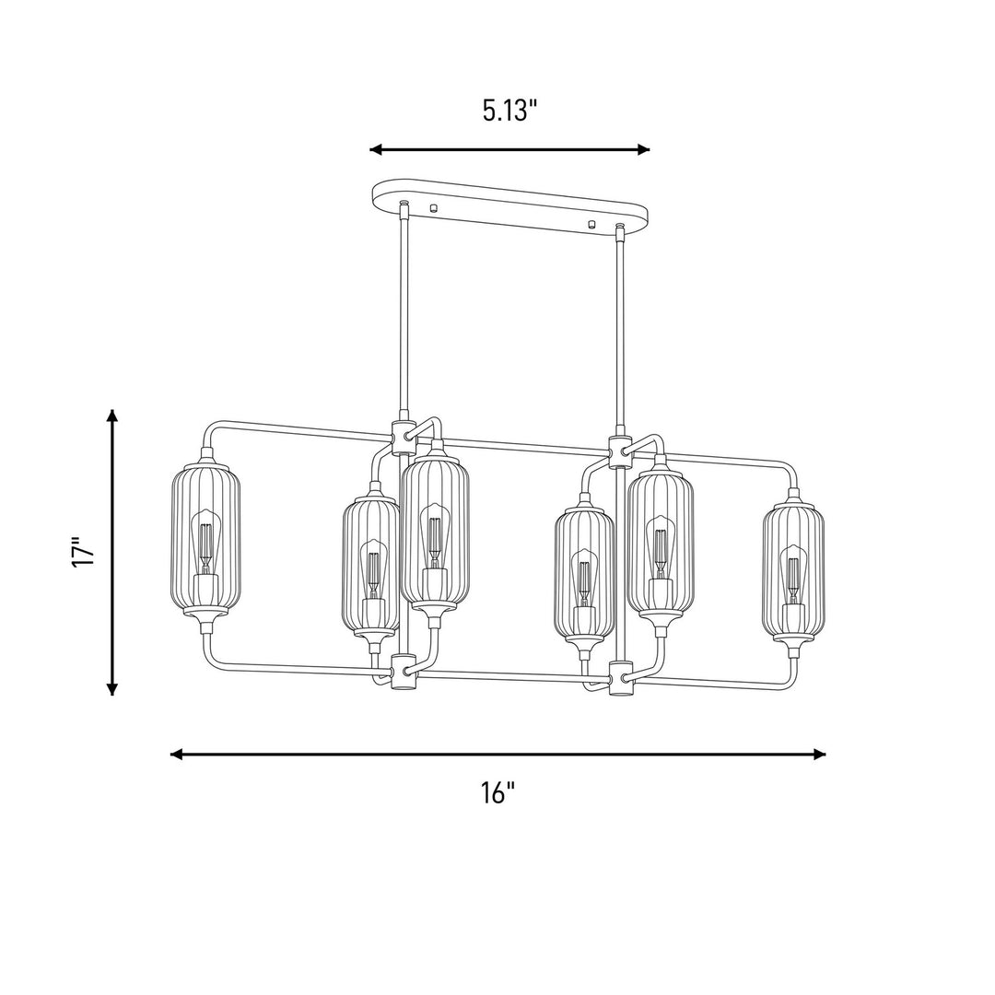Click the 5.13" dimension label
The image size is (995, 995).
point(509,111)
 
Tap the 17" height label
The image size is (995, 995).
point(83,553)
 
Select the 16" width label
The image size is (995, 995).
point(497,792)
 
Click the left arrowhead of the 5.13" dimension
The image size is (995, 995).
point(376,150)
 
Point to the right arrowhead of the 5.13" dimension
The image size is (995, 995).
point(643,150)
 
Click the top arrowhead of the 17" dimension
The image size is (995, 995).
point(112,416)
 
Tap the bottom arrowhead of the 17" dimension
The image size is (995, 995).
point(112,688)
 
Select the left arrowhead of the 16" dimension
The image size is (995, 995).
point(177,754)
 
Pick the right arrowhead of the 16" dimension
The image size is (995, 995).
point(819,754)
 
